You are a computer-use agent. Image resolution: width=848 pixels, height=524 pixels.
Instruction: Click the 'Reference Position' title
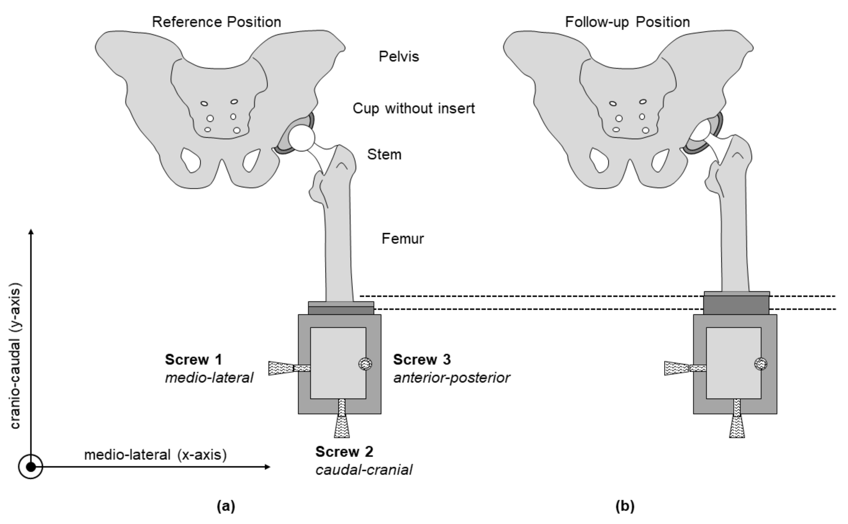pyautogui.click(x=216, y=22)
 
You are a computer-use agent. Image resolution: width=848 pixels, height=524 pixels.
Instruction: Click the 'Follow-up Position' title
pyautogui.click(x=627, y=22)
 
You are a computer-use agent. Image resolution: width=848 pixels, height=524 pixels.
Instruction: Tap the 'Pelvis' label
pyautogui.click(x=399, y=57)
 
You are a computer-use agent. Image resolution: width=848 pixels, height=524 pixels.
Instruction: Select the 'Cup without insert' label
pyautogui.click(x=414, y=108)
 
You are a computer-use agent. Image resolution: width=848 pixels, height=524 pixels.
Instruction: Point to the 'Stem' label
pyautogui.click(x=384, y=155)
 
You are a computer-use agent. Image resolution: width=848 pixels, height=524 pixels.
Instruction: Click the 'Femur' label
pyautogui.click(x=403, y=239)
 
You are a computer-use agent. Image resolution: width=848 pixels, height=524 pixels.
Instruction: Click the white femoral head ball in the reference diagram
pyautogui.click(x=301, y=138)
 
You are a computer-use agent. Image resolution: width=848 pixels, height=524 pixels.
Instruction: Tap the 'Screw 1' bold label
pyautogui.click(x=193, y=360)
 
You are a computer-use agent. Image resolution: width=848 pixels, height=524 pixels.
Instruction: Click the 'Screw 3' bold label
pyautogui.click(x=422, y=360)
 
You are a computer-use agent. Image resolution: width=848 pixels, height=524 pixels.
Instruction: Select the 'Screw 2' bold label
pyautogui.click(x=344, y=452)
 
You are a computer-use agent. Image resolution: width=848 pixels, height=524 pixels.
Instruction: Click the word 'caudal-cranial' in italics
pyautogui.click(x=364, y=470)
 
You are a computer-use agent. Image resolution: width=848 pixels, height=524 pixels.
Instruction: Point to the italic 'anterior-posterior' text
pyautogui.click(x=451, y=378)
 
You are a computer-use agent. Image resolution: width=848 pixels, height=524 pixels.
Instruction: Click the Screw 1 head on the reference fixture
pyautogui.click(x=281, y=368)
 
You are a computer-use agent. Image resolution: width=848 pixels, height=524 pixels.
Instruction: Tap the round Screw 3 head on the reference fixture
pyautogui.click(x=365, y=364)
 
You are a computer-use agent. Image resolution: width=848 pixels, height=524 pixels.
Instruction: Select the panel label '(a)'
pyautogui.click(x=226, y=506)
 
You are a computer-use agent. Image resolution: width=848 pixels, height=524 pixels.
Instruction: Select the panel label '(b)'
pyautogui.click(x=625, y=506)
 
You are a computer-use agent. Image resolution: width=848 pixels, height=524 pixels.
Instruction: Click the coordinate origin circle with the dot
pyautogui.click(x=31, y=467)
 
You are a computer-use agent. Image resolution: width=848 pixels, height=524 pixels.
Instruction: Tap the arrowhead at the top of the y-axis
pyautogui.click(x=31, y=232)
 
